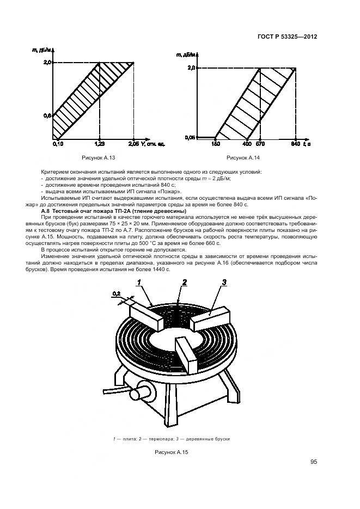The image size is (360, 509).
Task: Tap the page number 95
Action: click(x=314, y=462)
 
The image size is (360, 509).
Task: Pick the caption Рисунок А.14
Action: click(x=244, y=158)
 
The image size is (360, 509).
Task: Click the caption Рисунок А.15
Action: click(x=172, y=452)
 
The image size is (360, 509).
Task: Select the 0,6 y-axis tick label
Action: click(x=47, y=115)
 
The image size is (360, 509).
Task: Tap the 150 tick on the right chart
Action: click(x=215, y=144)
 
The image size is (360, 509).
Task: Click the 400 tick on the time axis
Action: click(x=246, y=144)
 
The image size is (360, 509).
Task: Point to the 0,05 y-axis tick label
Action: click(x=190, y=137)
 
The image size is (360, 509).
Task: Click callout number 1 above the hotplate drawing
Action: click(x=139, y=283)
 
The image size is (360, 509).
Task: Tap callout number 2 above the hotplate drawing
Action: click(x=185, y=282)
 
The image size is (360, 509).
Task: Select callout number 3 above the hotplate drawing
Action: click(x=223, y=281)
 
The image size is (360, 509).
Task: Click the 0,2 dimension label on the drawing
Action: click(x=116, y=294)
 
